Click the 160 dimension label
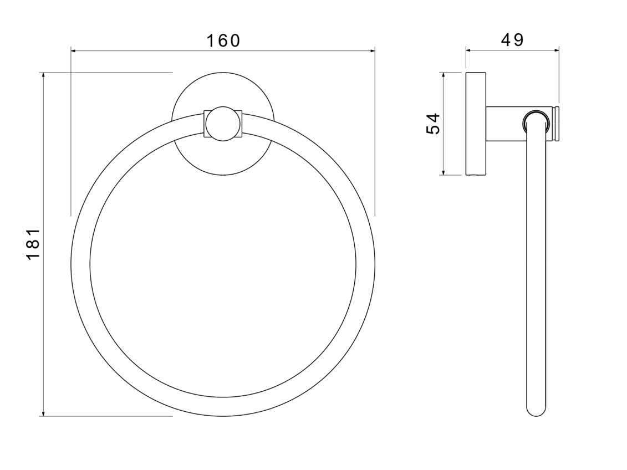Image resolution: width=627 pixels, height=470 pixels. (x=223, y=40)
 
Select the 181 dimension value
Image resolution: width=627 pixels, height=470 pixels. (x=33, y=244)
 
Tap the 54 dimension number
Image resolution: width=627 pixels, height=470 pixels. (x=433, y=124)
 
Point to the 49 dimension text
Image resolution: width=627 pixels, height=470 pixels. (x=512, y=40)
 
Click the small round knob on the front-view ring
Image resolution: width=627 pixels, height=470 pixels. (x=223, y=124)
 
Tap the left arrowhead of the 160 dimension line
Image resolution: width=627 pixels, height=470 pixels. (x=74, y=51)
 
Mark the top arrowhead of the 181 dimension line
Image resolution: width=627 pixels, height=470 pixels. (x=43, y=76)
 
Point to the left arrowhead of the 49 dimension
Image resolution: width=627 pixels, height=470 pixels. (x=469, y=50)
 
